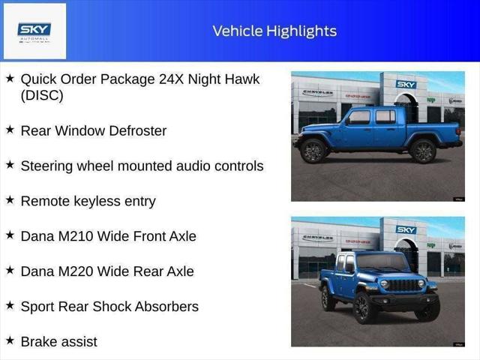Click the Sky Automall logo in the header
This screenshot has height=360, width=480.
pyautogui.click(x=34, y=31)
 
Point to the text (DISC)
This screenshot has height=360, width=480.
pyautogui.click(x=42, y=95)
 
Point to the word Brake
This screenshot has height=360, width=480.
pyautogui.click(x=39, y=342)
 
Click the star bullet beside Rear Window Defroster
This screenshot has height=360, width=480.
pyautogui.click(x=10, y=130)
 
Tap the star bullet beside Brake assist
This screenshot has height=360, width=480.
pyautogui.click(x=10, y=341)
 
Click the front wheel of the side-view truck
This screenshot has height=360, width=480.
pyautogui.click(x=313, y=150)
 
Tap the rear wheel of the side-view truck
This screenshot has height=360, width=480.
pyautogui.click(x=423, y=150)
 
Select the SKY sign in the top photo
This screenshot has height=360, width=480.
pyautogui.click(x=406, y=85)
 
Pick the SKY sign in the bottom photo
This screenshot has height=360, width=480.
pyautogui.click(x=406, y=229)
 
